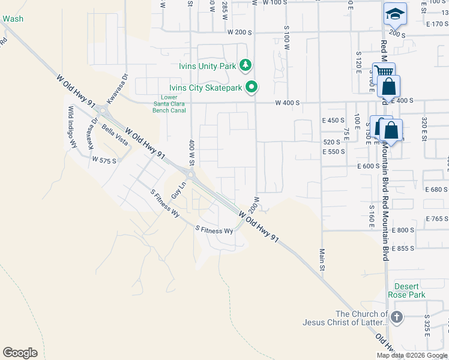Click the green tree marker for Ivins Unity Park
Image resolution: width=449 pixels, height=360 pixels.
245,65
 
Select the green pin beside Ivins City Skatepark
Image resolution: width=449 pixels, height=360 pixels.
253,88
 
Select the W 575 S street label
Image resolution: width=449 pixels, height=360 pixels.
104,160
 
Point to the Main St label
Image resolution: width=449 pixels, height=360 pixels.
322,260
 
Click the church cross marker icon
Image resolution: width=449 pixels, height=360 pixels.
396,317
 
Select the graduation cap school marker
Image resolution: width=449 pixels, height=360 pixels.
395,14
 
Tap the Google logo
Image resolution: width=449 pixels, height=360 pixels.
20,352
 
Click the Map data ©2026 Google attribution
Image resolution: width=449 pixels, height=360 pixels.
412,355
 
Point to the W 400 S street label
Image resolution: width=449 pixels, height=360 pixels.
288,103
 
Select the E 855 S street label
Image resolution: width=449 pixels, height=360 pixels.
403,248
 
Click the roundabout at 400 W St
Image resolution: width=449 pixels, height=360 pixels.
191,175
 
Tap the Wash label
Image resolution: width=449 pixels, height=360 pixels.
13,19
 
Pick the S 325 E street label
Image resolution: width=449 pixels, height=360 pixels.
427,324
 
